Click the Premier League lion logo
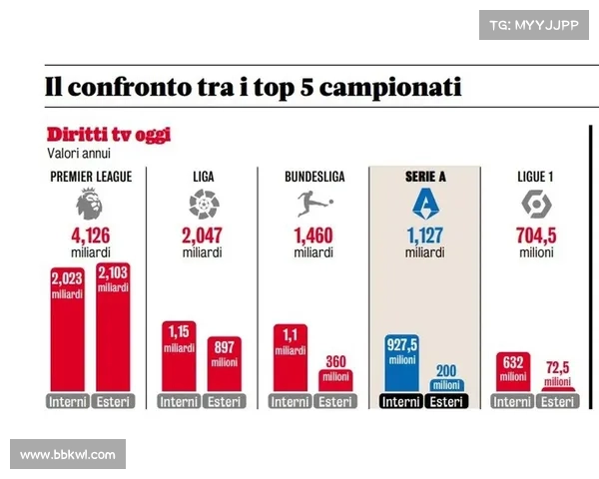90,205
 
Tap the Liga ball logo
203,205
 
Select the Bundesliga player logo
314,205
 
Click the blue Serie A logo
426,205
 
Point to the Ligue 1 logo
538,205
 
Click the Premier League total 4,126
90,237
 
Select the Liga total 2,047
203,237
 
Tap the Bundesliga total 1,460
314,237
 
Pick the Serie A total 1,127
426,237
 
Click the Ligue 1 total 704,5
538,237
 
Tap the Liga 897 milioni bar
225,364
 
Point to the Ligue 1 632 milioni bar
513,372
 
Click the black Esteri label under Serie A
447,401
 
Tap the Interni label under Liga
178,401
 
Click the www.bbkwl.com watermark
68,455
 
